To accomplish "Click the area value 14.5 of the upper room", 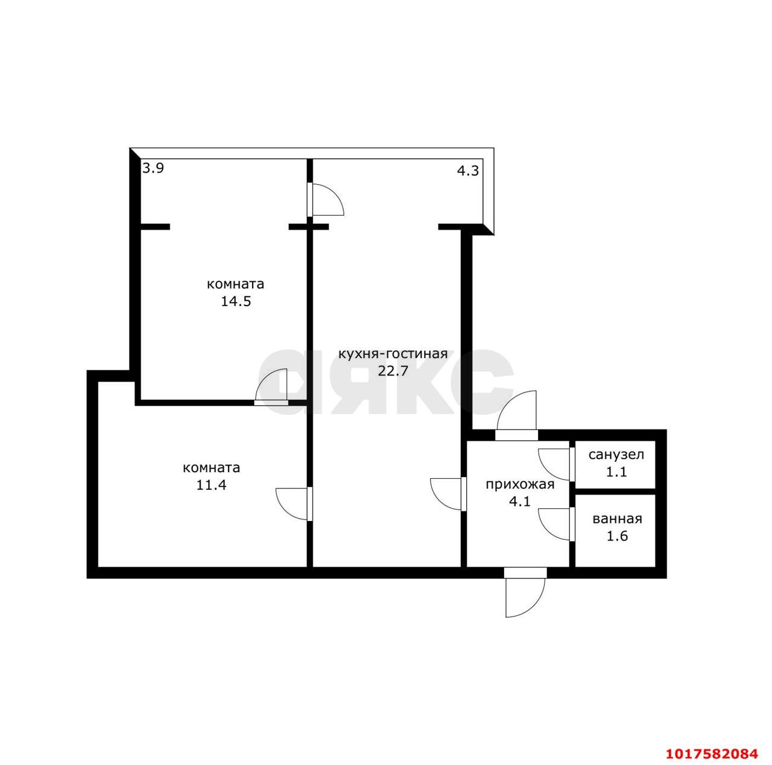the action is (x=236, y=301).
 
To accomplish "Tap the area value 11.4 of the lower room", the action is (x=211, y=485).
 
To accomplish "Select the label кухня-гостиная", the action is (x=393, y=354).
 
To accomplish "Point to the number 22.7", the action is (x=393, y=371).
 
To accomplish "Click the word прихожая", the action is (x=520, y=485).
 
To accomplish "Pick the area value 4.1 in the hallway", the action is (x=520, y=501).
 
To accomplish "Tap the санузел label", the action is (x=616, y=455).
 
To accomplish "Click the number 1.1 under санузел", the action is (x=616, y=472).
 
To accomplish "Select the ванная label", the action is (x=617, y=519).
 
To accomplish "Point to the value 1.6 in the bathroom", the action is (x=617, y=536).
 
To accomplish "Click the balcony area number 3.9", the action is (x=153, y=168).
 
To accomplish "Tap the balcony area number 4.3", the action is (x=468, y=171).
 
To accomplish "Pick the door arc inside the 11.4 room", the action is (x=286, y=511).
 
